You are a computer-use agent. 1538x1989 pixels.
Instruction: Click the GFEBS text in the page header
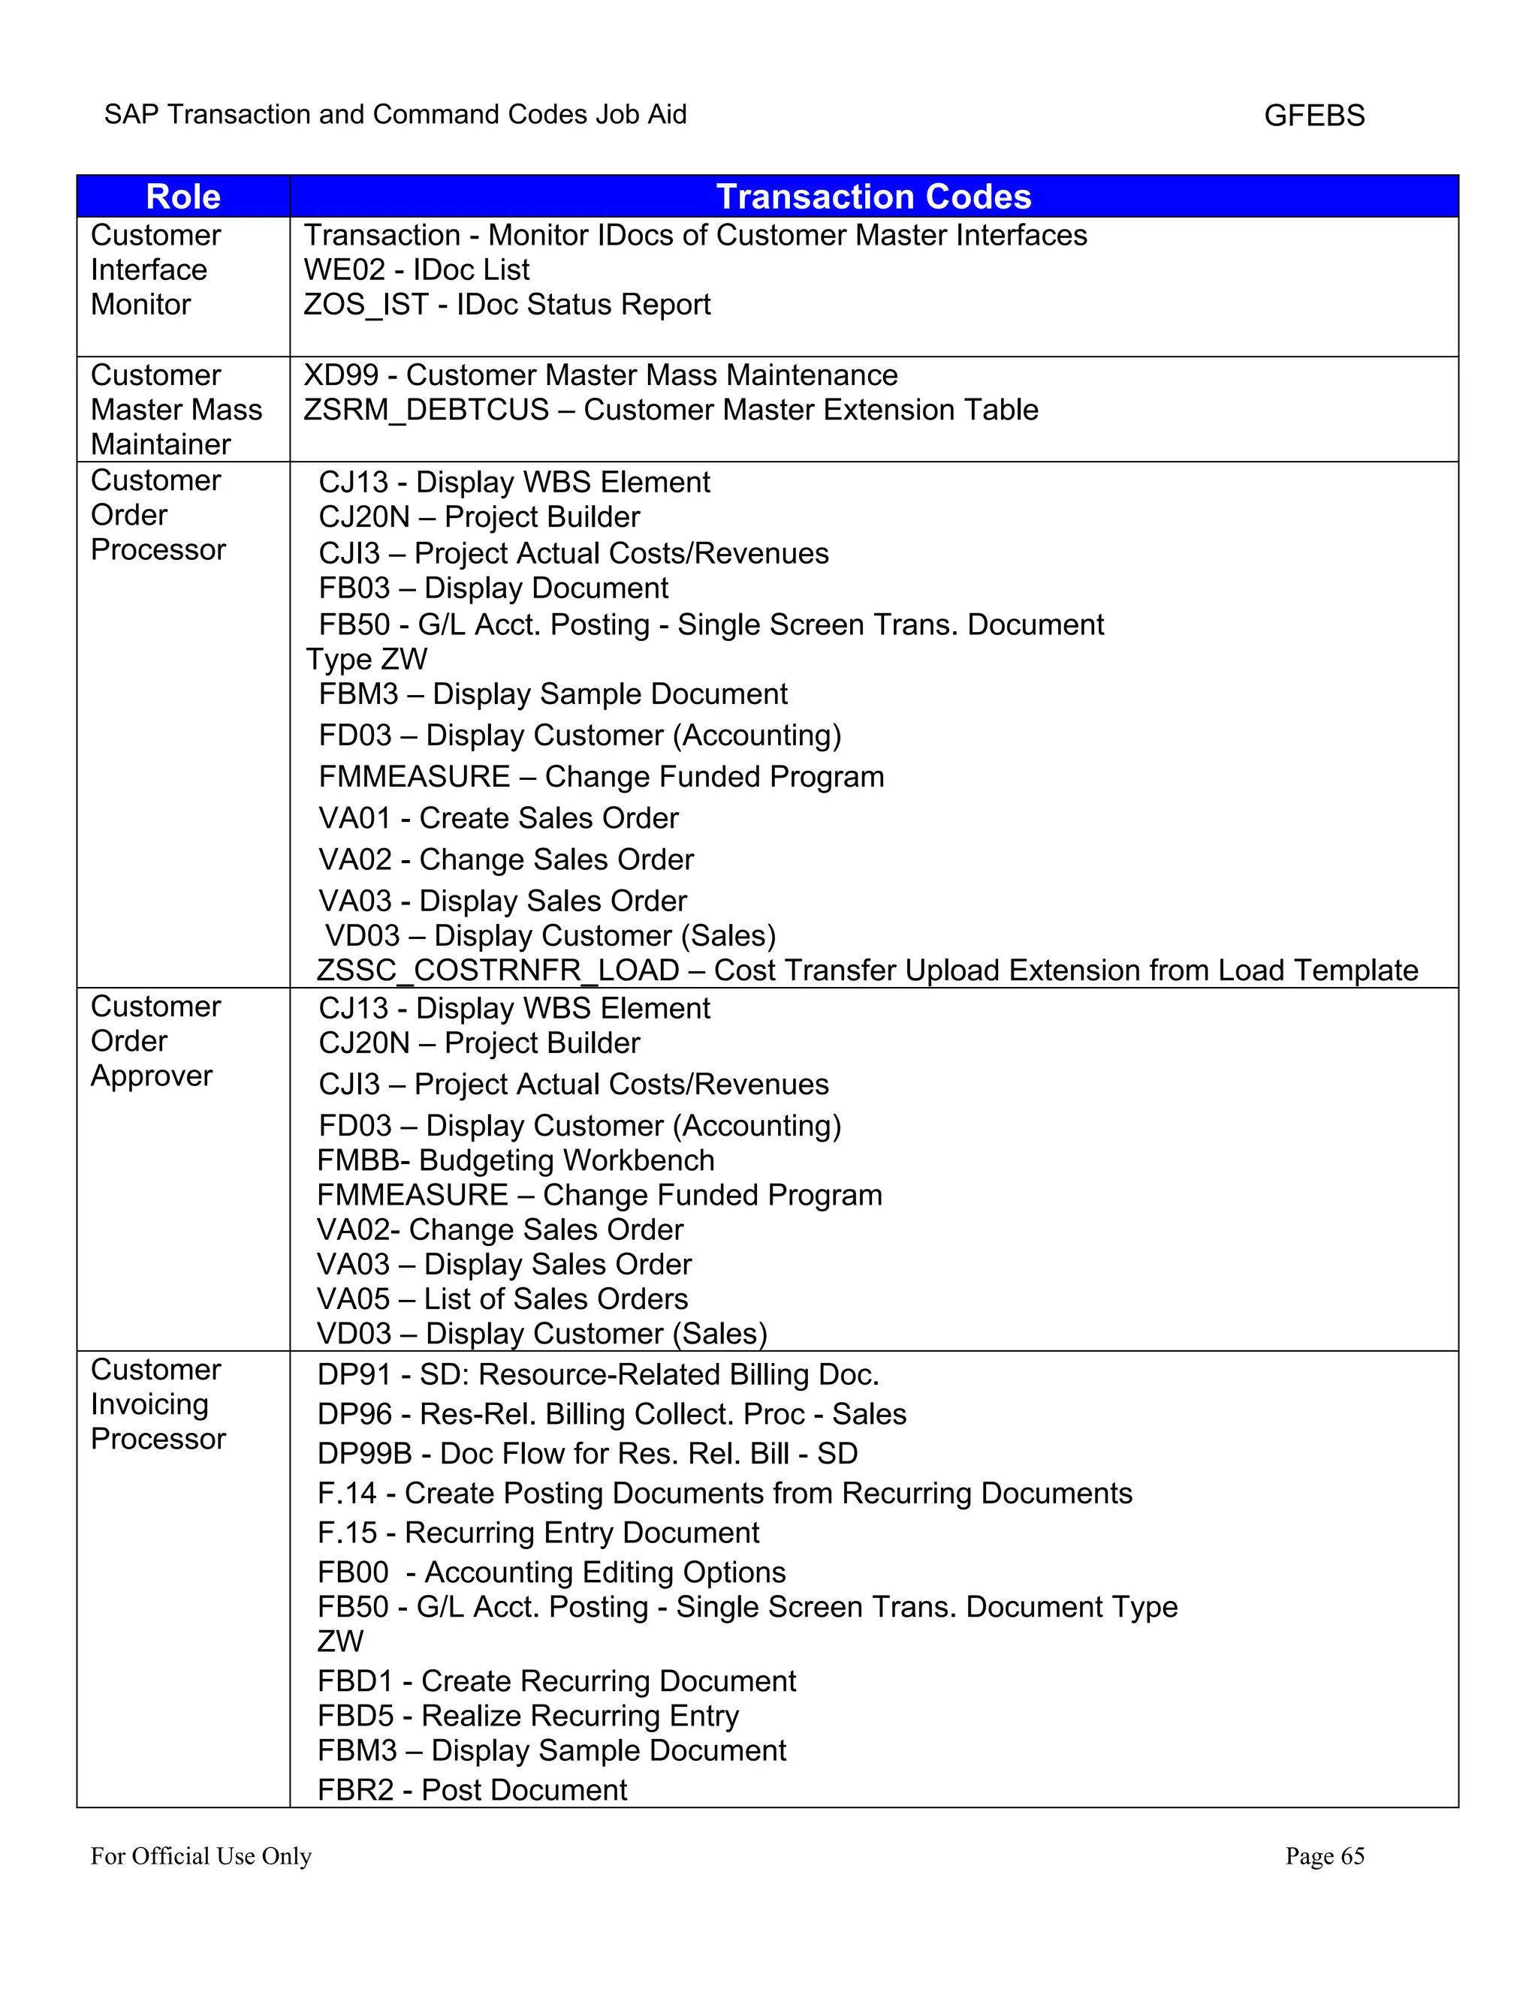click(x=1314, y=116)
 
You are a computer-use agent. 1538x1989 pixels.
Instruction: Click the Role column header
click(x=183, y=197)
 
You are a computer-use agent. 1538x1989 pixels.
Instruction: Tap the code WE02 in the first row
click(x=343, y=269)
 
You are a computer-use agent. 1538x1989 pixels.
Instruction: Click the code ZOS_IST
click(x=366, y=304)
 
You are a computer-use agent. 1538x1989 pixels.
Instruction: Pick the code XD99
click(x=341, y=375)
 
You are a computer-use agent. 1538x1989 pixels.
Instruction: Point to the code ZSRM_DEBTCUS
click(x=427, y=410)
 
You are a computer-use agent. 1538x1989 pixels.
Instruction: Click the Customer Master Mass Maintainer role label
click(x=176, y=410)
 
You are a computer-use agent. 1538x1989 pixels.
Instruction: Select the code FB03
click(x=354, y=588)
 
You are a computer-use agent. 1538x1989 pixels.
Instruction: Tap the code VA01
click(x=354, y=818)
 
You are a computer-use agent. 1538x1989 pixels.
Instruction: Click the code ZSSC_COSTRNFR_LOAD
click(x=497, y=970)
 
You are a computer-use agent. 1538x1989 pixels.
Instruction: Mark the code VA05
click(x=353, y=1298)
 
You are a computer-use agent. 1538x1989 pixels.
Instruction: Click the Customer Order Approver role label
click(x=155, y=1041)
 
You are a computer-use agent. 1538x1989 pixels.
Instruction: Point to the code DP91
click(x=354, y=1374)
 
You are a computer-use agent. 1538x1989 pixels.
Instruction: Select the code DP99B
click(x=364, y=1454)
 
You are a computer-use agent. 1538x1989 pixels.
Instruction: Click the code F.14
click(x=346, y=1494)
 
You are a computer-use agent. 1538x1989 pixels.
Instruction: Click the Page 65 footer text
click(x=1324, y=1856)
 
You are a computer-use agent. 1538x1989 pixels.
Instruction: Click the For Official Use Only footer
click(x=201, y=1856)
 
